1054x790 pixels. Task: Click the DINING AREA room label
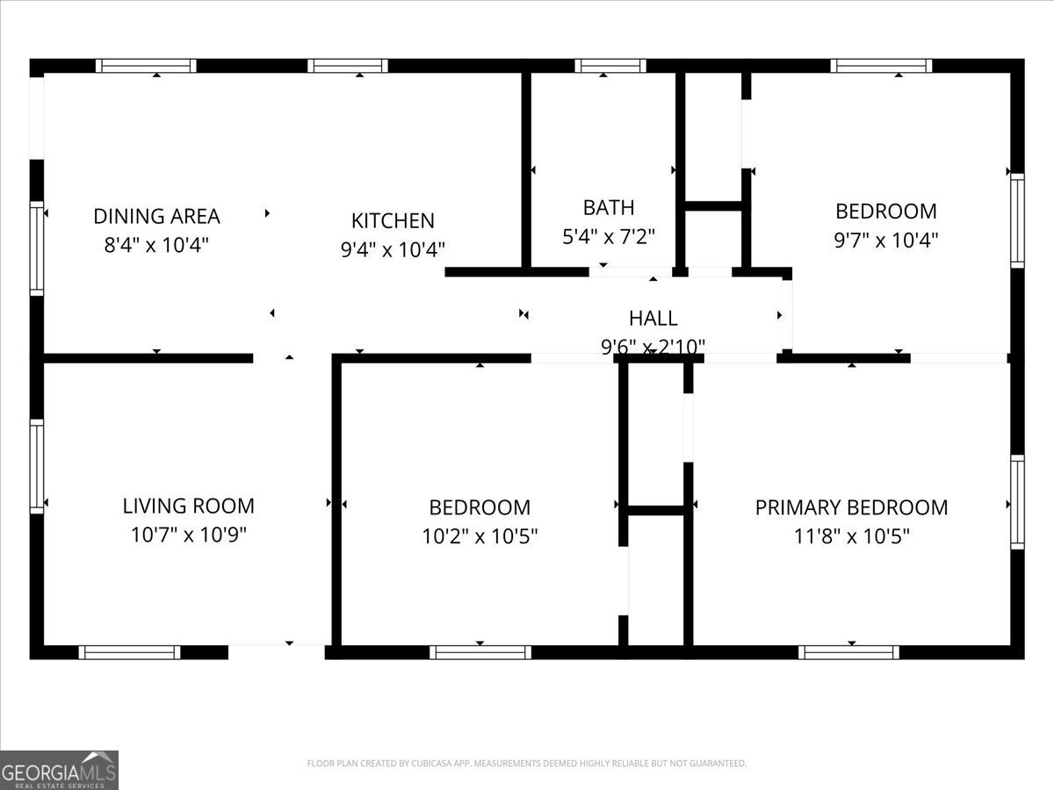click(156, 216)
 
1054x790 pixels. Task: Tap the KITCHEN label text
click(393, 220)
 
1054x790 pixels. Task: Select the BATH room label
click(609, 207)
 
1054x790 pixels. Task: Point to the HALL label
click(653, 318)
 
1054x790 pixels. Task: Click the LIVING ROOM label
click(188, 506)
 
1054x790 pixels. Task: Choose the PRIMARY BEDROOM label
click(851, 507)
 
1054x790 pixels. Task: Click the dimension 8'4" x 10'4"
click(156, 244)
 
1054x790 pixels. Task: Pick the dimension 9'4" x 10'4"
click(393, 249)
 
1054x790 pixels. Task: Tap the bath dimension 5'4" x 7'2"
click(609, 235)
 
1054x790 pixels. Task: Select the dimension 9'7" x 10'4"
click(885, 240)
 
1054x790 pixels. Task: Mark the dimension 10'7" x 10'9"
click(188, 535)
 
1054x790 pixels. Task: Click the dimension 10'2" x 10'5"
click(480, 535)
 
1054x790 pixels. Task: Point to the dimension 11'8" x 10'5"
click(851, 535)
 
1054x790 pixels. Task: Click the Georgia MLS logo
click(59, 770)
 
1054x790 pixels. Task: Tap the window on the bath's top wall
click(610, 66)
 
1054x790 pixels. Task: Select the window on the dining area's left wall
click(37, 248)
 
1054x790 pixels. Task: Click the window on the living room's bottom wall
click(129, 652)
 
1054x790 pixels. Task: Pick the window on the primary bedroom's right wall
click(1017, 502)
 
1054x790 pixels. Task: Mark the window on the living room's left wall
click(37, 466)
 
